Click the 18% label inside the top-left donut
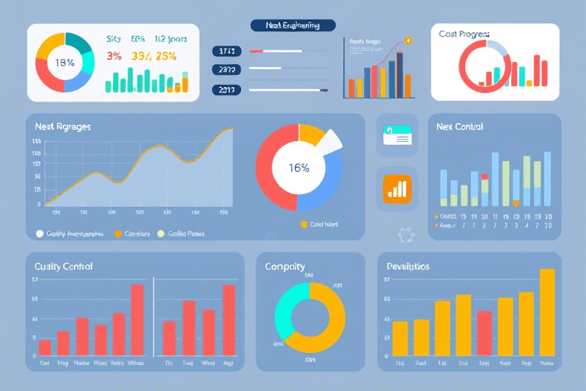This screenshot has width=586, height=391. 65,63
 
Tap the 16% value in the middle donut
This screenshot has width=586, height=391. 299,168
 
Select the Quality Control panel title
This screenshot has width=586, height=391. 63,267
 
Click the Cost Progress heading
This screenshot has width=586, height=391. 464,34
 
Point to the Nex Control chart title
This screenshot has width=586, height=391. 459,127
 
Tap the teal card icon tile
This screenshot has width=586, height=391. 397,135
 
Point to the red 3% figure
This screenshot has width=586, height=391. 114,56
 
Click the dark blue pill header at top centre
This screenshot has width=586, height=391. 294,25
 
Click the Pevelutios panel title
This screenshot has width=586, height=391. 408,267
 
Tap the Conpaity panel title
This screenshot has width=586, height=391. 285,267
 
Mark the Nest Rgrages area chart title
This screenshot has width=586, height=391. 63,127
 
